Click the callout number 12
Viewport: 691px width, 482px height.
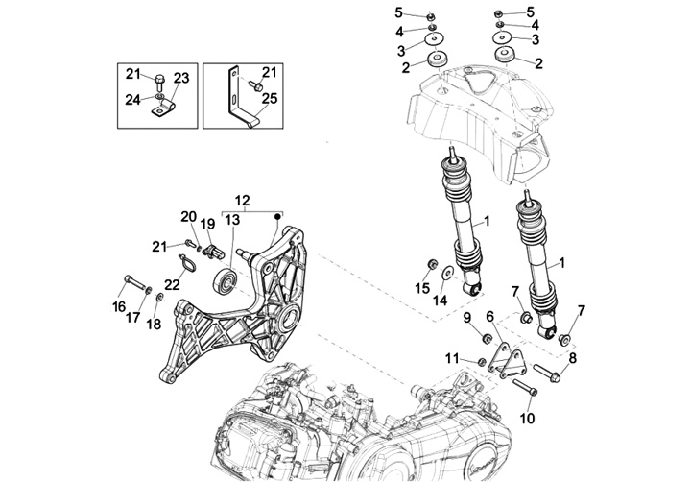pyautogui.click(x=242, y=200)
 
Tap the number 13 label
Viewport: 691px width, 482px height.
pyautogui.click(x=232, y=221)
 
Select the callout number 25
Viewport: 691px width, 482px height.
pyautogui.click(x=269, y=99)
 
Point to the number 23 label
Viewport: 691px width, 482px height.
pyautogui.click(x=181, y=79)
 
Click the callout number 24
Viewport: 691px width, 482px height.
pyautogui.click(x=132, y=99)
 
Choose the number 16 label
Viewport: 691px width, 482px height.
pyautogui.click(x=119, y=307)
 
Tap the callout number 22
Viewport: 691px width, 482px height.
pyautogui.click(x=172, y=284)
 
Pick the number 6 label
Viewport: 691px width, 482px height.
pyautogui.click(x=489, y=316)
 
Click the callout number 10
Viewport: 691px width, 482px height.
pyautogui.click(x=527, y=418)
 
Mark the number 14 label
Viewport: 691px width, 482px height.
pyautogui.click(x=441, y=301)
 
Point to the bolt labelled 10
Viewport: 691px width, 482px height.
pyautogui.click(x=527, y=389)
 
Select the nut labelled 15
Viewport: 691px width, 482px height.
pyautogui.click(x=431, y=264)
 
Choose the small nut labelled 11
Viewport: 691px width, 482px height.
pyautogui.click(x=482, y=361)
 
